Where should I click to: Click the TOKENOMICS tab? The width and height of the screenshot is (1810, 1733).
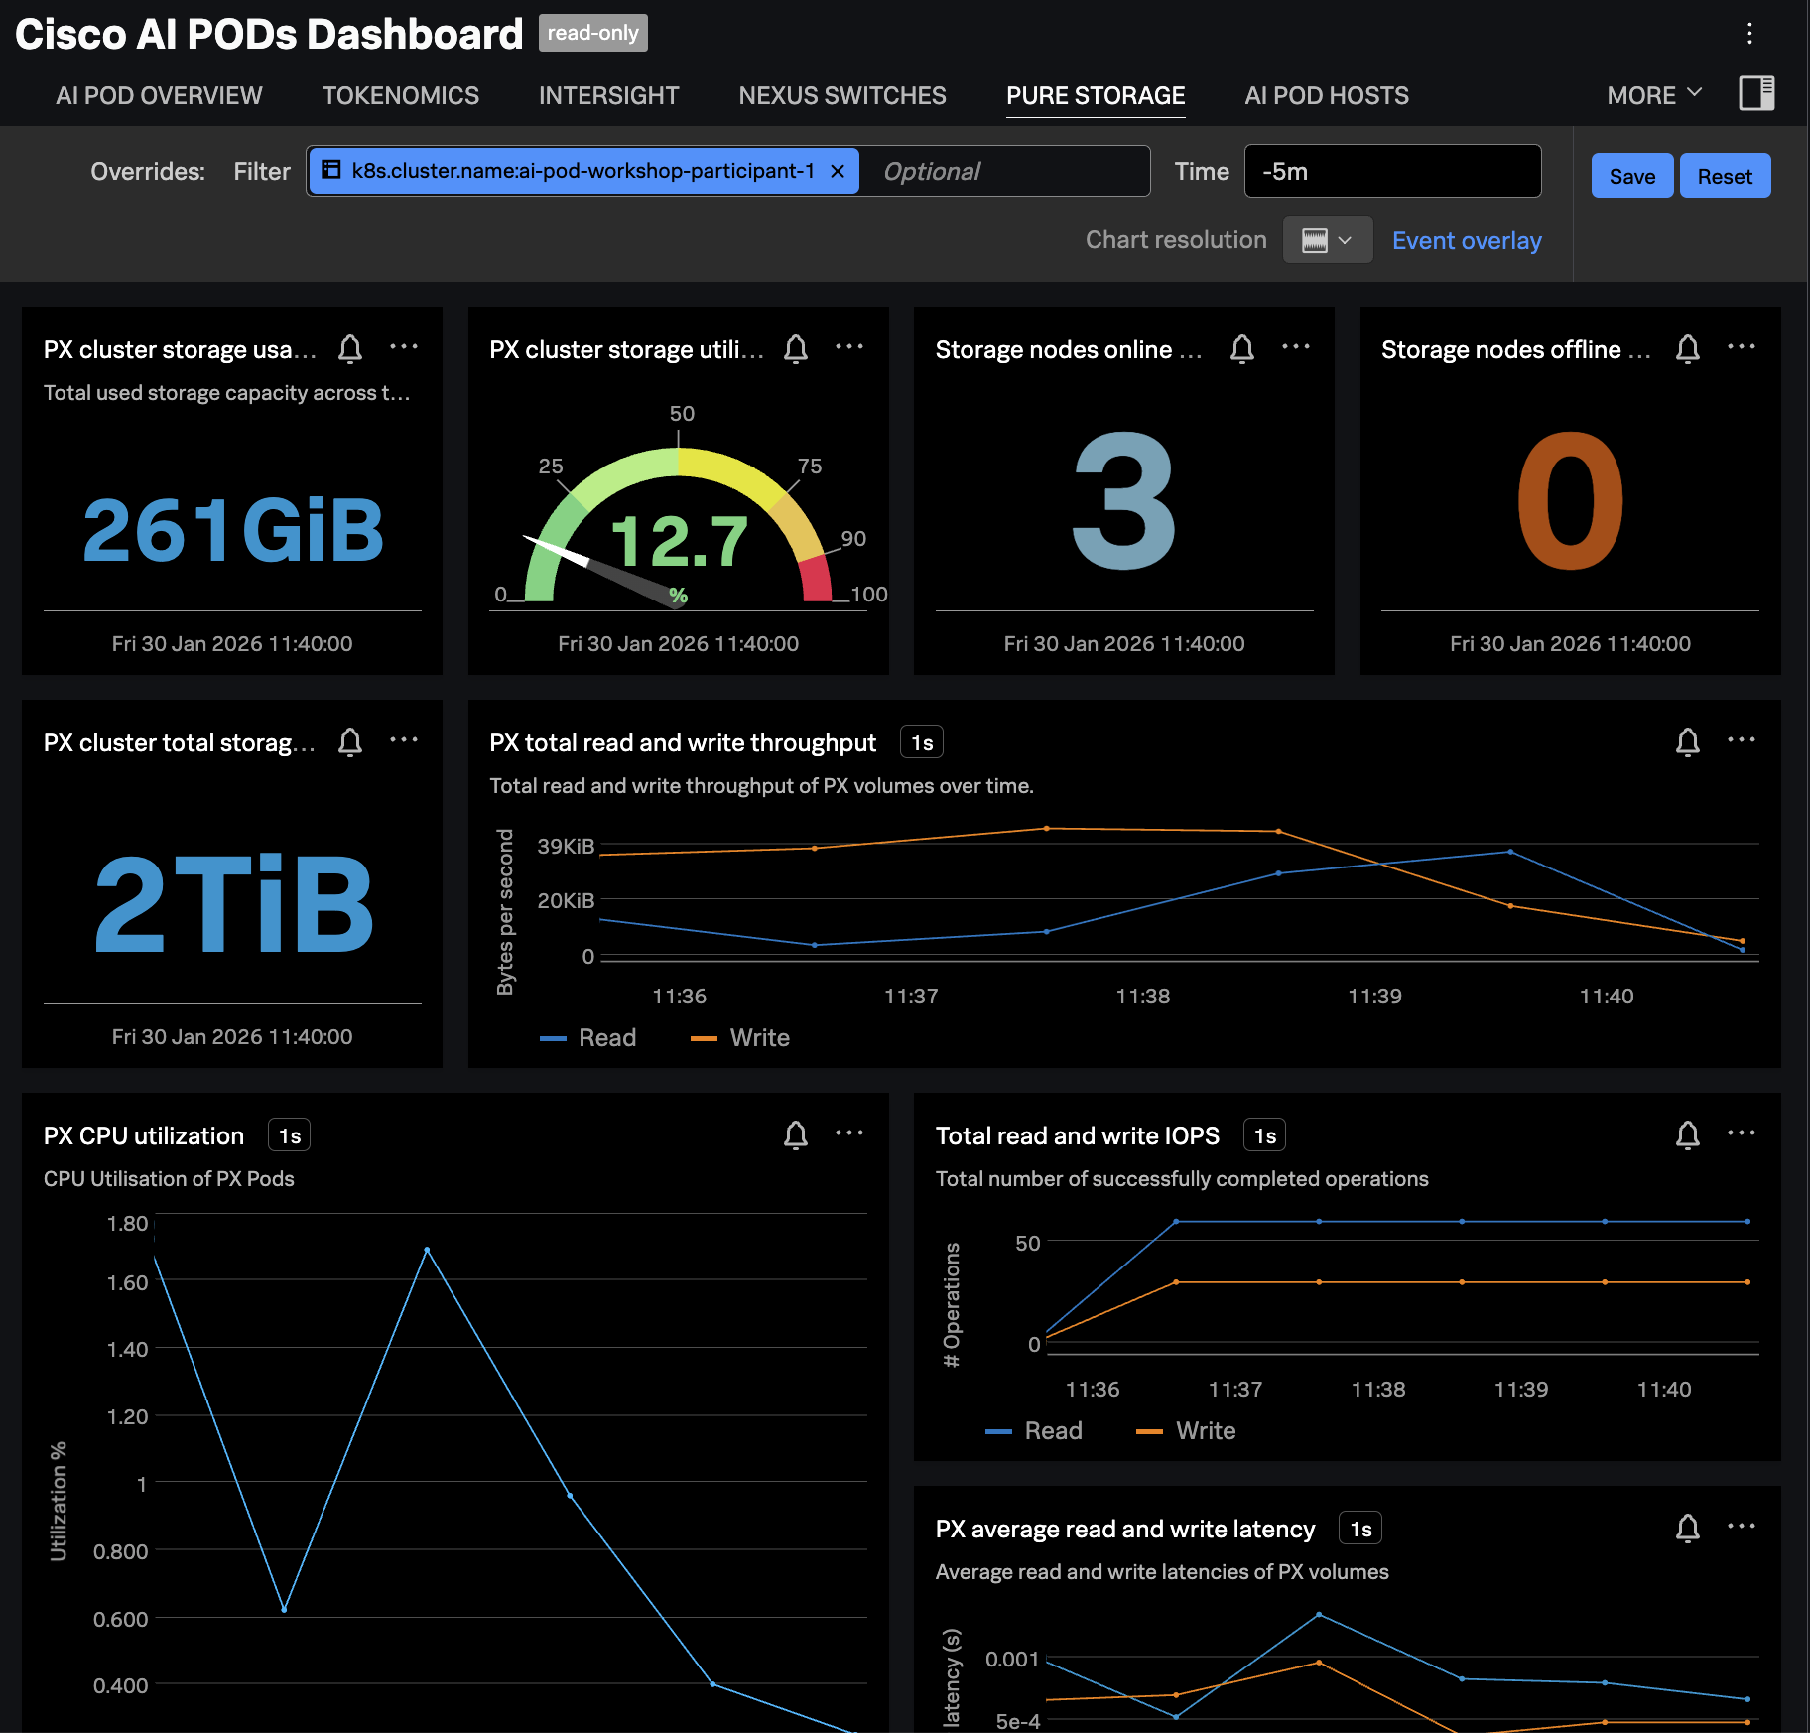[400, 96]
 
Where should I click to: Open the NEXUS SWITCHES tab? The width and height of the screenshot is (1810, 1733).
[841, 96]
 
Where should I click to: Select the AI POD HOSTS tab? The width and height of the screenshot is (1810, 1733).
[1326, 96]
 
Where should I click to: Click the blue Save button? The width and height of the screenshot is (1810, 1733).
[1631, 176]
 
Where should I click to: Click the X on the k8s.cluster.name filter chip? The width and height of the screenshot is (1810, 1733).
[838, 171]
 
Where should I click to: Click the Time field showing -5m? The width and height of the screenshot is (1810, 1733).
[1391, 172]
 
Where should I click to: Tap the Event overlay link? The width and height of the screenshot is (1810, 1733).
[1466, 241]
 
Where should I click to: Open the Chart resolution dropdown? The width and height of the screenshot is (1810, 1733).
[1327, 241]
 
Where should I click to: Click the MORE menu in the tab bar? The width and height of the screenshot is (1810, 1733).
[1653, 96]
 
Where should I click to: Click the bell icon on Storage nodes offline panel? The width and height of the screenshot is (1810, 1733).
[1687, 349]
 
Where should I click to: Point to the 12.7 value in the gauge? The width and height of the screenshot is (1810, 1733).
[679, 542]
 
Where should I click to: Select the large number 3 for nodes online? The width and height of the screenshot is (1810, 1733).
[1123, 502]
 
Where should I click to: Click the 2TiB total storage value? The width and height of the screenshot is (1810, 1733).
[232, 904]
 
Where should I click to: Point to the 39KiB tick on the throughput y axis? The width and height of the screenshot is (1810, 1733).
[566, 847]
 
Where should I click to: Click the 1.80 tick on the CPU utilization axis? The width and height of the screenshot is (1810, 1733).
[127, 1224]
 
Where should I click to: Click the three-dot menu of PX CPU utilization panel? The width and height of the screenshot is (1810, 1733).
[849, 1133]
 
